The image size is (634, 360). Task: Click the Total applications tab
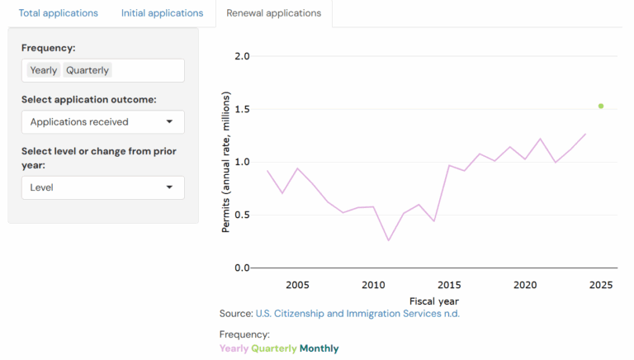58,13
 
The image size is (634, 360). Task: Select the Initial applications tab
162,13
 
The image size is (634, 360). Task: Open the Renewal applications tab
273,13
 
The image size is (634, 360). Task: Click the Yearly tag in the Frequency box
44,70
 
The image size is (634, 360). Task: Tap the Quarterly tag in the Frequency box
88,70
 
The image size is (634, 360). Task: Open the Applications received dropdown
102,122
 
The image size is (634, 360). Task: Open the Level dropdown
102,187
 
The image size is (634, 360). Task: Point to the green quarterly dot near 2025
601,106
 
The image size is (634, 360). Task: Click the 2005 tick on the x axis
297,285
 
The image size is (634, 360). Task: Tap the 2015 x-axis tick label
449,285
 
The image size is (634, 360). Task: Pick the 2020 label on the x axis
525,285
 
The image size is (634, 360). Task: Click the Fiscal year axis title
434,301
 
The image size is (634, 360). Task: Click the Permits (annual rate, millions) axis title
226,162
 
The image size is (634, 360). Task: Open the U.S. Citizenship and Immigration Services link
357,314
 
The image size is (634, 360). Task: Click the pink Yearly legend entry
234,348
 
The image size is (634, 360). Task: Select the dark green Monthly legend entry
319,348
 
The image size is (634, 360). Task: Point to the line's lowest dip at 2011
388,240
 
